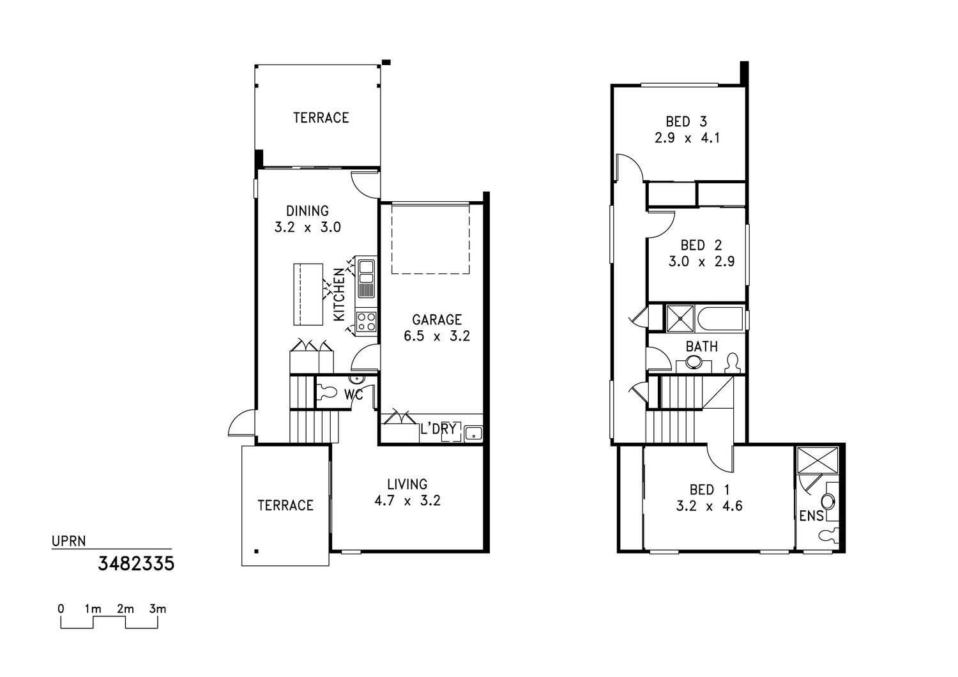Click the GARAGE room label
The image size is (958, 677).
pyautogui.click(x=437, y=319)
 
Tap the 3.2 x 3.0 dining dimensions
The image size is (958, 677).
pyautogui.click(x=307, y=227)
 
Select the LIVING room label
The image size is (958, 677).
pyautogui.click(x=407, y=484)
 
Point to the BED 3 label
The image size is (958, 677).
pyautogui.click(x=687, y=122)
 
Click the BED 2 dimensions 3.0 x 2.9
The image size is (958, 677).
pyautogui.click(x=701, y=261)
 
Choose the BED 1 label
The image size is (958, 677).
pyautogui.click(x=710, y=490)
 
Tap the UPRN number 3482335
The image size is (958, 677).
pyautogui.click(x=136, y=564)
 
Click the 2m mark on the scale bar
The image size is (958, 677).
pyautogui.click(x=125, y=609)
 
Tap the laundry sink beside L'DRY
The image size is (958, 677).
pyautogui.click(x=473, y=434)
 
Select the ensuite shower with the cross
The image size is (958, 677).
pyautogui.click(x=817, y=460)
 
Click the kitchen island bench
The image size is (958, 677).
pyautogui.click(x=308, y=294)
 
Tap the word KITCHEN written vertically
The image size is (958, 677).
pyautogui.click(x=338, y=294)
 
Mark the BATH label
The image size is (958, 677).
pyautogui.click(x=702, y=346)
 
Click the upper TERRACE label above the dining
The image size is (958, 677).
pyautogui.click(x=321, y=118)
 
